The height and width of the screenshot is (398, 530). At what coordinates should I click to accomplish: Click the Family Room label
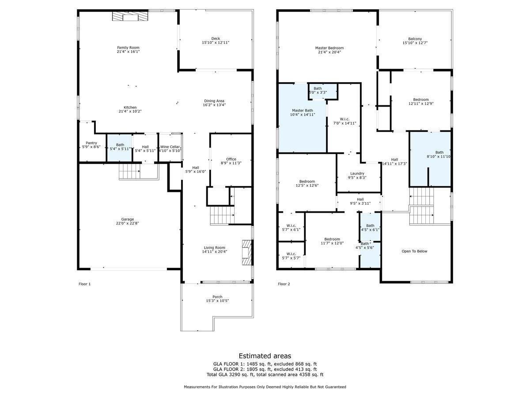click(128, 47)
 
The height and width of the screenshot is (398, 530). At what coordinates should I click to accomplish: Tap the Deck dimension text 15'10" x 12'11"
click(215, 43)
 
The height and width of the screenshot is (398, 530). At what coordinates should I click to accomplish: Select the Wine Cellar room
click(170, 148)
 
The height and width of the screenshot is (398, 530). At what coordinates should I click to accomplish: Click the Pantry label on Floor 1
click(91, 143)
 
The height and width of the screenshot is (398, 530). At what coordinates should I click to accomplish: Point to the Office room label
click(231, 159)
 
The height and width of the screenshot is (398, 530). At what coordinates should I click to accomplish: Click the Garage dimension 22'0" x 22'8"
click(128, 224)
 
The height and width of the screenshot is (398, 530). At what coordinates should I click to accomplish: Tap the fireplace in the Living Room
click(246, 252)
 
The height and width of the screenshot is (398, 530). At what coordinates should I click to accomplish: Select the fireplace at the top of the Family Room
click(130, 16)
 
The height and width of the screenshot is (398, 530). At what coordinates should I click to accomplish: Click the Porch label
click(217, 297)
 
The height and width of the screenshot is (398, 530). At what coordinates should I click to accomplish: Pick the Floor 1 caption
click(84, 284)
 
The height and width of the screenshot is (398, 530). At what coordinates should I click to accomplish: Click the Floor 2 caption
click(284, 284)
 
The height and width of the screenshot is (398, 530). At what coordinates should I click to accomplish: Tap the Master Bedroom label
click(329, 48)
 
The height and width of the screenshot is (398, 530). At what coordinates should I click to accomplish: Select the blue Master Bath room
click(302, 119)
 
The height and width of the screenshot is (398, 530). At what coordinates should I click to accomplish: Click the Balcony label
click(415, 38)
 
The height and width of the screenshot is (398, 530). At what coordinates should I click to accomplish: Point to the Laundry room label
click(357, 173)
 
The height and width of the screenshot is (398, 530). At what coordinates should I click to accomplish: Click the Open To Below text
click(414, 251)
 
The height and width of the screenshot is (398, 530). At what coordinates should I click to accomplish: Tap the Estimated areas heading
click(265, 356)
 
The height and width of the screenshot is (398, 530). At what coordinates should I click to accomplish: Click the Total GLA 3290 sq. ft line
click(265, 375)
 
